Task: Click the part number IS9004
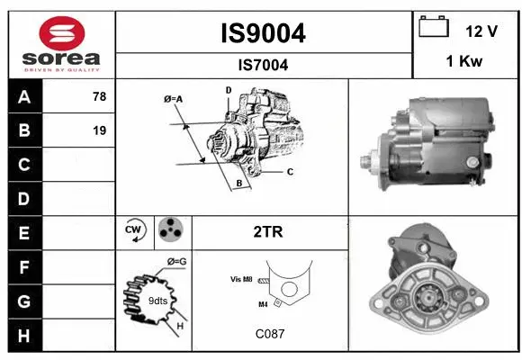(263, 33)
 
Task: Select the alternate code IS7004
(263, 65)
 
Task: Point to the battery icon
(434, 28)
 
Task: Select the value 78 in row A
(99, 96)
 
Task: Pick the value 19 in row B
(99, 130)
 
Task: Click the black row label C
(24, 165)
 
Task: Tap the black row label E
(24, 233)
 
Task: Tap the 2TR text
(269, 232)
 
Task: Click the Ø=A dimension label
(174, 99)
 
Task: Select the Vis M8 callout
(241, 280)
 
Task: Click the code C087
(269, 333)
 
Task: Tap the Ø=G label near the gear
(175, 262)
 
